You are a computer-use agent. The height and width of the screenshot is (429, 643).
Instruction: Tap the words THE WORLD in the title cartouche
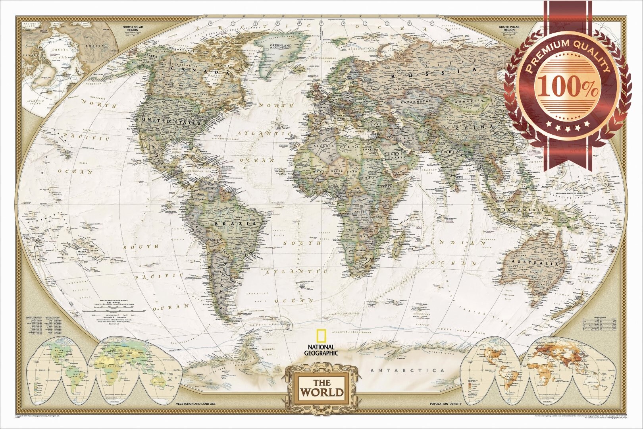click(x=322, y=388)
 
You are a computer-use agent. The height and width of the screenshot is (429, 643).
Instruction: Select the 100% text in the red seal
click(x=568, y=88)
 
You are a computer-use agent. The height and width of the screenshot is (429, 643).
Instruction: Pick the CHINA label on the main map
click(x=475, y=128)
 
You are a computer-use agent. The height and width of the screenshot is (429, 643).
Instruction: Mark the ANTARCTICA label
click(x=407, y=371)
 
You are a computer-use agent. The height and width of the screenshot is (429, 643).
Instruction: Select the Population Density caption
click(x=445, y=404)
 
